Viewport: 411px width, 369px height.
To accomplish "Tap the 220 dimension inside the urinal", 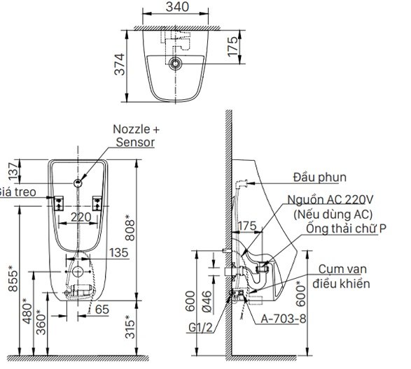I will pos(81,217).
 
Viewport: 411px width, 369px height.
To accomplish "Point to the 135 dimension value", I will pos(119,253).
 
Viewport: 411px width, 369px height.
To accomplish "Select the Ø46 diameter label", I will pos(205,300).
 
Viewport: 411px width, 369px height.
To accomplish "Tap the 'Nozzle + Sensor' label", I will pos(136,136).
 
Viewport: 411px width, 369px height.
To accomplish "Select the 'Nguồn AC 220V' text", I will pos(328,200).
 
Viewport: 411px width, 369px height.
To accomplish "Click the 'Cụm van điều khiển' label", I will pos(342,276).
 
